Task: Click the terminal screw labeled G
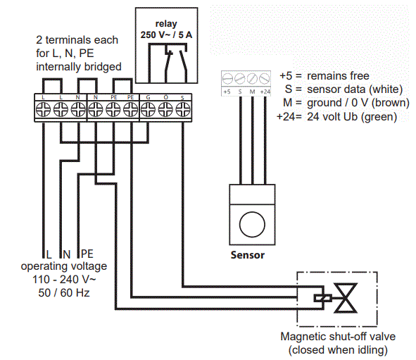(x=149, y=108)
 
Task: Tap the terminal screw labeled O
(x=165, y=108)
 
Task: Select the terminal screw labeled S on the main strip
(x=183, y=108)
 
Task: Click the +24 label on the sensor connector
(x=265, y=91)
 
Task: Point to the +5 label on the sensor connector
(x=227, y=91)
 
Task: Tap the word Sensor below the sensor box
(x=248, y=254)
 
